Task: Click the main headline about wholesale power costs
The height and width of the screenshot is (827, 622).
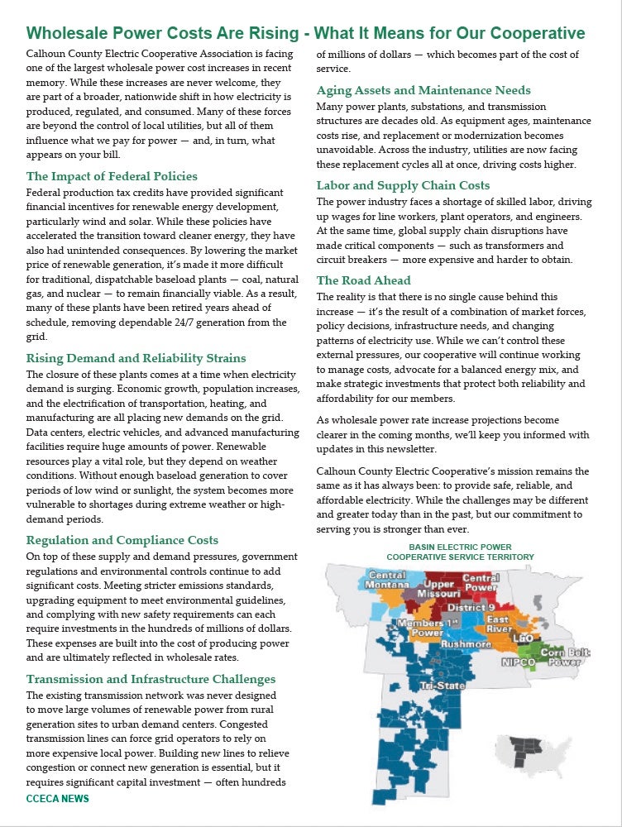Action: pos(305,33)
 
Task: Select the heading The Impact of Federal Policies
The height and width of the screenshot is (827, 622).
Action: pos(112,176)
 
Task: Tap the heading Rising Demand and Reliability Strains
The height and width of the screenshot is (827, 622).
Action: pos(136,358)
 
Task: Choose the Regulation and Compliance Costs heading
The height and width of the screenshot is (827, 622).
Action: pos(122,540)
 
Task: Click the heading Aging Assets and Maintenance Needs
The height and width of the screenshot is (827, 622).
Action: pos(423,90)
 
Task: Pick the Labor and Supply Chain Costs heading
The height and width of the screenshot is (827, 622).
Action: pos(403,185)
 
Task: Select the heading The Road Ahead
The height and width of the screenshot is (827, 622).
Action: pos(363,280)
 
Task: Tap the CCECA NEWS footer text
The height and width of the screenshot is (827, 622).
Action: pos(57,799)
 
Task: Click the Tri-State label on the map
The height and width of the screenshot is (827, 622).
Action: pos(436,686)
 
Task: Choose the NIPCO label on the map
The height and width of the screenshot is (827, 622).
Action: pos(519,662)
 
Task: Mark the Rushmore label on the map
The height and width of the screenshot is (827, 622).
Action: pos(466,643)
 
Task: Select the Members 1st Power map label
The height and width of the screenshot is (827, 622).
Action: pos(427,627)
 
